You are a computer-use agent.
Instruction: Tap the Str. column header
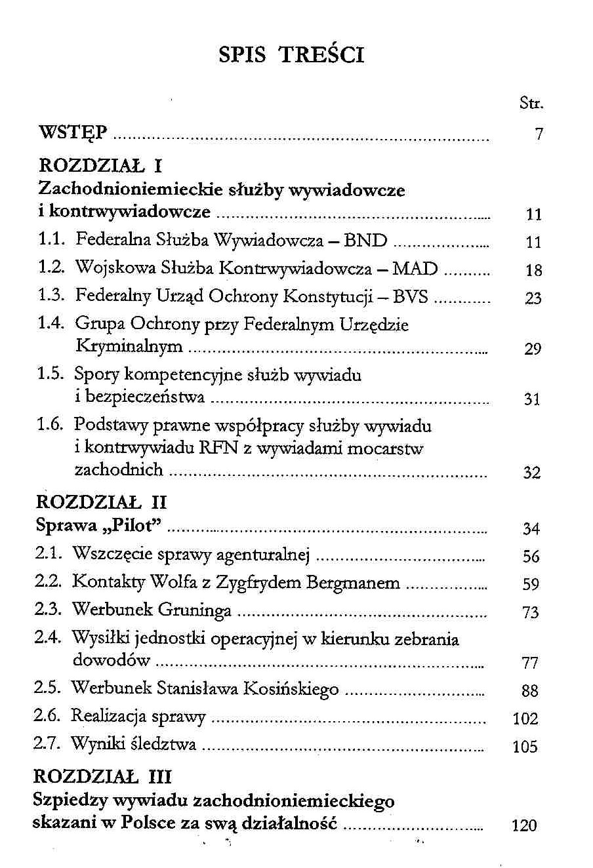click(x=531, y=103)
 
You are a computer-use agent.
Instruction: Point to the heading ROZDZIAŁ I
click(x=100, y=164)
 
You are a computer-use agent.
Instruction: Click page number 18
click(x=534, y=270)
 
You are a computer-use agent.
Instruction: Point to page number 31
click(x=532, y=399)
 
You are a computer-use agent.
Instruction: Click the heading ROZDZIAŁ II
click(x=102, y=502)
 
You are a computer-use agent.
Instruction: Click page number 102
click(x=525, y=719)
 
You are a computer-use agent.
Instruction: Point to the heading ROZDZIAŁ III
click(x=102, y=777)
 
